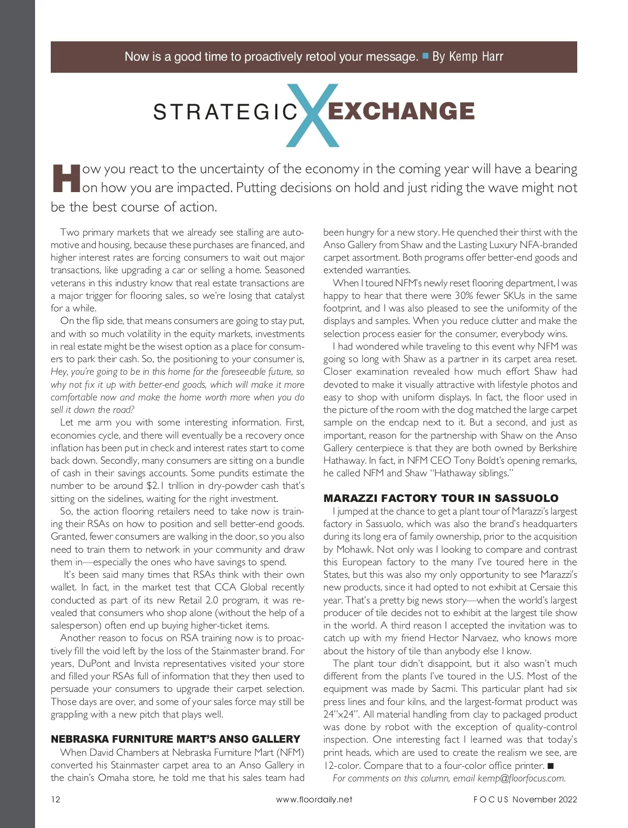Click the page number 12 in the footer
[55, 799]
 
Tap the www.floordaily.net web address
[314, 799]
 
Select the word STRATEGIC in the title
[225, 112]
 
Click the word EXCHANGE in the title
[401, 111]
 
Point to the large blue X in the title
[313, 115]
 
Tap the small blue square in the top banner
[425, 55]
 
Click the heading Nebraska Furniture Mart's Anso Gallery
[175, 739]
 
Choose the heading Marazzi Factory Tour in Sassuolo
[441, 498]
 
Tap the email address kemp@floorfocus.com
[521, 778]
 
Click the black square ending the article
[550, 766]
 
